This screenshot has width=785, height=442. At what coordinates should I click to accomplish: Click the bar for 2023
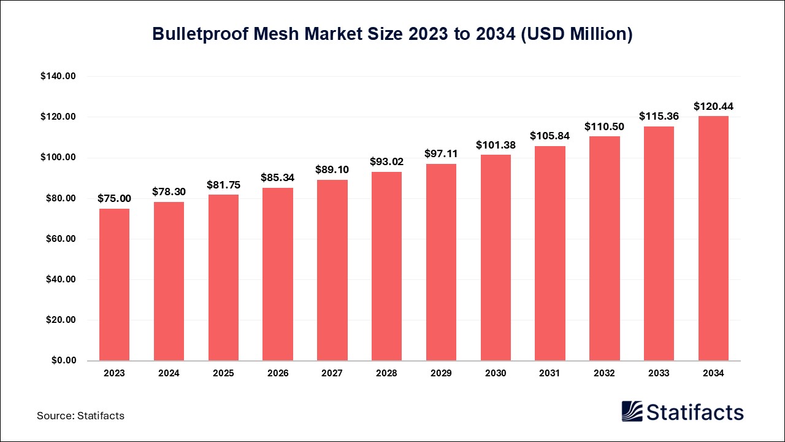click(x=114, y=284)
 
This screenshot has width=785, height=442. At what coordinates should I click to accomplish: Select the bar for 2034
click(x=713, y=238)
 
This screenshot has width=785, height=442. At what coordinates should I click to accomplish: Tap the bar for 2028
click(x=386, y=266)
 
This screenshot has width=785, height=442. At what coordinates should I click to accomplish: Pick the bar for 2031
click(x=549, y=253)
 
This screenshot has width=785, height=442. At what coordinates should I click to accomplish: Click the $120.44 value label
click(x=713, y=106)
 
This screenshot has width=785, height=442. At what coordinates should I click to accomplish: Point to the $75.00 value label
click(x=114, y=198)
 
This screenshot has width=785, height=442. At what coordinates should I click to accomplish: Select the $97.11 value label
click(x=441, y=153)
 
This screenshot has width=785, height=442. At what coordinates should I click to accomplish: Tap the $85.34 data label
click(x=278, y=177)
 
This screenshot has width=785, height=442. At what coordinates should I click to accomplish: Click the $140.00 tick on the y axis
click(x=58, y=76)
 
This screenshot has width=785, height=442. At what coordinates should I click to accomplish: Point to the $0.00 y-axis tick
click(x=63, y=360)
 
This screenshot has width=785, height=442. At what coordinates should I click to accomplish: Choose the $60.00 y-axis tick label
click(x=60, y=239)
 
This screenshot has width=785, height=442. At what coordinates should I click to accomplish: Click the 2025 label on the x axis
click(x=223, y=373)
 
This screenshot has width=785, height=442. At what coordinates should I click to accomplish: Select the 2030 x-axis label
click(x=496, y=373)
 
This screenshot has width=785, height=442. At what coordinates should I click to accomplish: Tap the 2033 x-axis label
click(x=659, y=373)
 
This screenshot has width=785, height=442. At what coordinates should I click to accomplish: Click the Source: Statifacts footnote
click(x=80, y=416)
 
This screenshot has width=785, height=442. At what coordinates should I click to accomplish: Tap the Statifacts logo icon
click(x=632, y=411)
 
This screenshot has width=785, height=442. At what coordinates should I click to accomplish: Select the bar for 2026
click(x=278, y=274)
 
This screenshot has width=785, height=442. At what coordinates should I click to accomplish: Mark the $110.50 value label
click(x=604, y=126)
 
